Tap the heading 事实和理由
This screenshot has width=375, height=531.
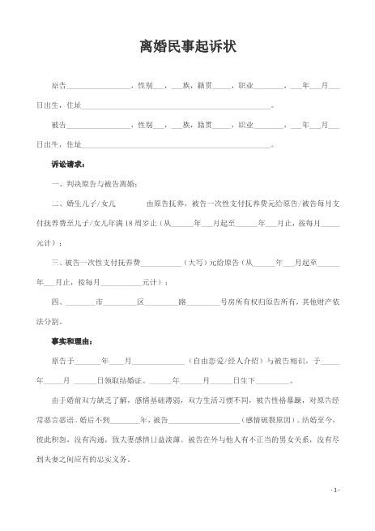[71, 340]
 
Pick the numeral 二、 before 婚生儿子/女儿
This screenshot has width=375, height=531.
[56, 204]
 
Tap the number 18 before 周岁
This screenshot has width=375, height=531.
[128, 223]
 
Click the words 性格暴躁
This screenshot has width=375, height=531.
[292, 400]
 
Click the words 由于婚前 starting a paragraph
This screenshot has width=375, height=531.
[67, 400]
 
